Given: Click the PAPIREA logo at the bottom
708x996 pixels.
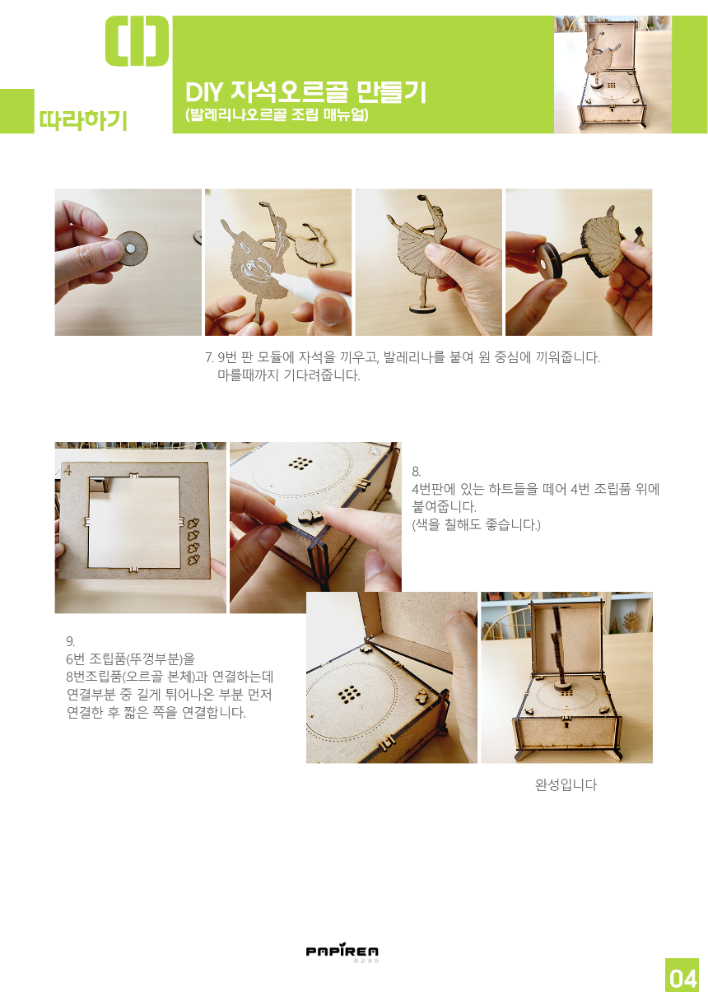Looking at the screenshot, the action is click(342, 951).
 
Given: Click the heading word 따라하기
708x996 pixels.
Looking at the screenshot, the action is click(83, 120).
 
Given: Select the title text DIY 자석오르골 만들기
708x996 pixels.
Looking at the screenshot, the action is click(305, 91).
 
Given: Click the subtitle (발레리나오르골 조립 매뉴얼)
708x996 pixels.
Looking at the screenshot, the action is click(277, 114).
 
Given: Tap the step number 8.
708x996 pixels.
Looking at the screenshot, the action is click(416, 472).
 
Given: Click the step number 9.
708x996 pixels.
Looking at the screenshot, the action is click(70, 641).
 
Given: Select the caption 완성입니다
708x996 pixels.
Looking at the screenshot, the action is click(566, 784).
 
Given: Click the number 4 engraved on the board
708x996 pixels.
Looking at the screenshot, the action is click(68, 469).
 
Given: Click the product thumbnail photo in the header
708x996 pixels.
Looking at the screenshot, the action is click(613, 74).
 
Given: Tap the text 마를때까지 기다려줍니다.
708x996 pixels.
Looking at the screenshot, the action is click(288, 375).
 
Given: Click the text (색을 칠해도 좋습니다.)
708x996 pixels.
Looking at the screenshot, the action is click(476, 524).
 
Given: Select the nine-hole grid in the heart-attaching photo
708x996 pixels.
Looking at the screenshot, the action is click(300, 463).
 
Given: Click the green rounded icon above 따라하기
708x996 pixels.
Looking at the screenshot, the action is click(137, 41).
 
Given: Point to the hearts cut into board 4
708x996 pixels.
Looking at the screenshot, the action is click(193, 541).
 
